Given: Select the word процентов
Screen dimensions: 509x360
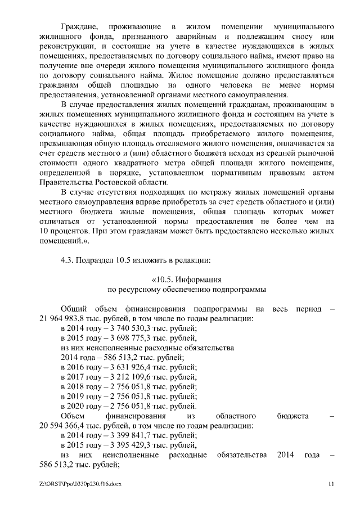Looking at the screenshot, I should [x=76, y=231].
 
